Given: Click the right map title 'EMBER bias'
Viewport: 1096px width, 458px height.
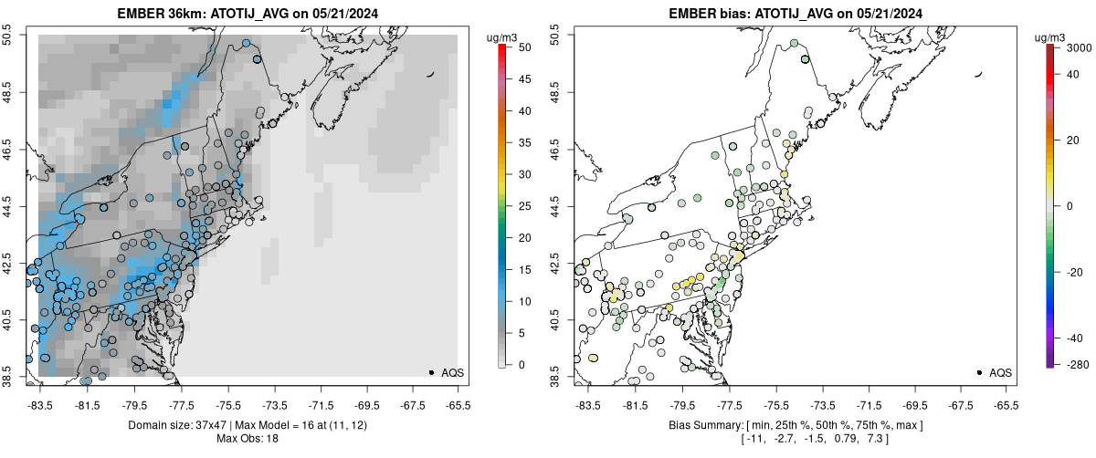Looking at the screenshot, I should coord(701,14).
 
